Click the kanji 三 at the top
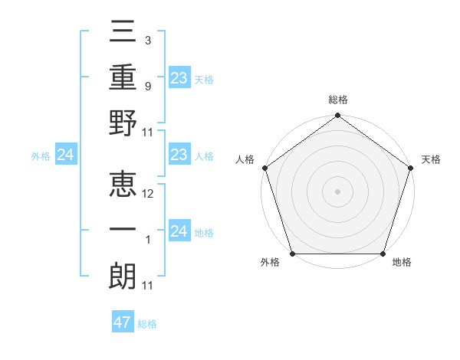point(123,32)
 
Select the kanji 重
point(123,78)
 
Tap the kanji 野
point(123,124)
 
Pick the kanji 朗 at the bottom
point(123,277)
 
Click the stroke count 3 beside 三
point(147,40)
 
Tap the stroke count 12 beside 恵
point(149,194)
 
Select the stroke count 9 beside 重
point(147,86)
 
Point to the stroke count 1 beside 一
point(147,240)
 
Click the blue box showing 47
point(123,322)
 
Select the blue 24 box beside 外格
point(65,155)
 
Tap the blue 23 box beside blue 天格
point(179,78)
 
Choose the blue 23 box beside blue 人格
point(179,155)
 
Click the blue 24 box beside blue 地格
point(179,232)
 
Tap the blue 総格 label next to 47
point(147,324)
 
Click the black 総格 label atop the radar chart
point(337,100)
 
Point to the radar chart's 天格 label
point(431,159)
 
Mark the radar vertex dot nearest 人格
point(265,168)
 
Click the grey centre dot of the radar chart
point(337,191)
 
